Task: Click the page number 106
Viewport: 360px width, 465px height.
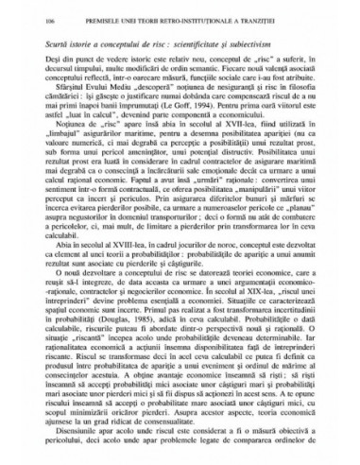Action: tap(34, 31)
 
